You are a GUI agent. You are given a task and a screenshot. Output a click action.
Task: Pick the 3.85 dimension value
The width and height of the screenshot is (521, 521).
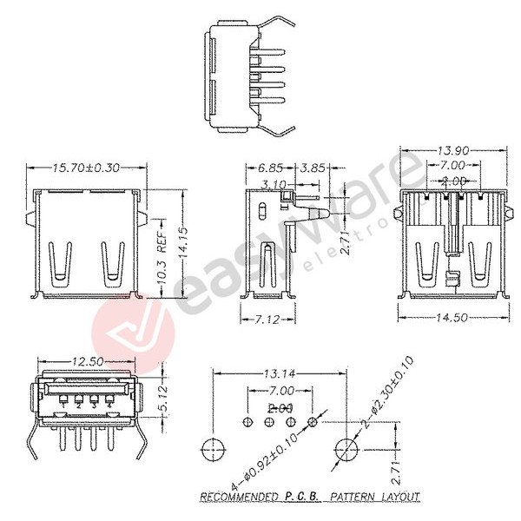310,168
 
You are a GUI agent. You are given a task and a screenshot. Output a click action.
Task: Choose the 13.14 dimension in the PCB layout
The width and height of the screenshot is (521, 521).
279,374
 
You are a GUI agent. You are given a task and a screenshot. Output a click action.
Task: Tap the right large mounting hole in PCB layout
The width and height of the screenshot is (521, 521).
346,450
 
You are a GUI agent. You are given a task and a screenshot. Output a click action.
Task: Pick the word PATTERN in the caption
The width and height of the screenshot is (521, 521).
348,498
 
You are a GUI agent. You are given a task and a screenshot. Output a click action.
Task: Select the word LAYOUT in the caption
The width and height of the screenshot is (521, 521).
399,498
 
